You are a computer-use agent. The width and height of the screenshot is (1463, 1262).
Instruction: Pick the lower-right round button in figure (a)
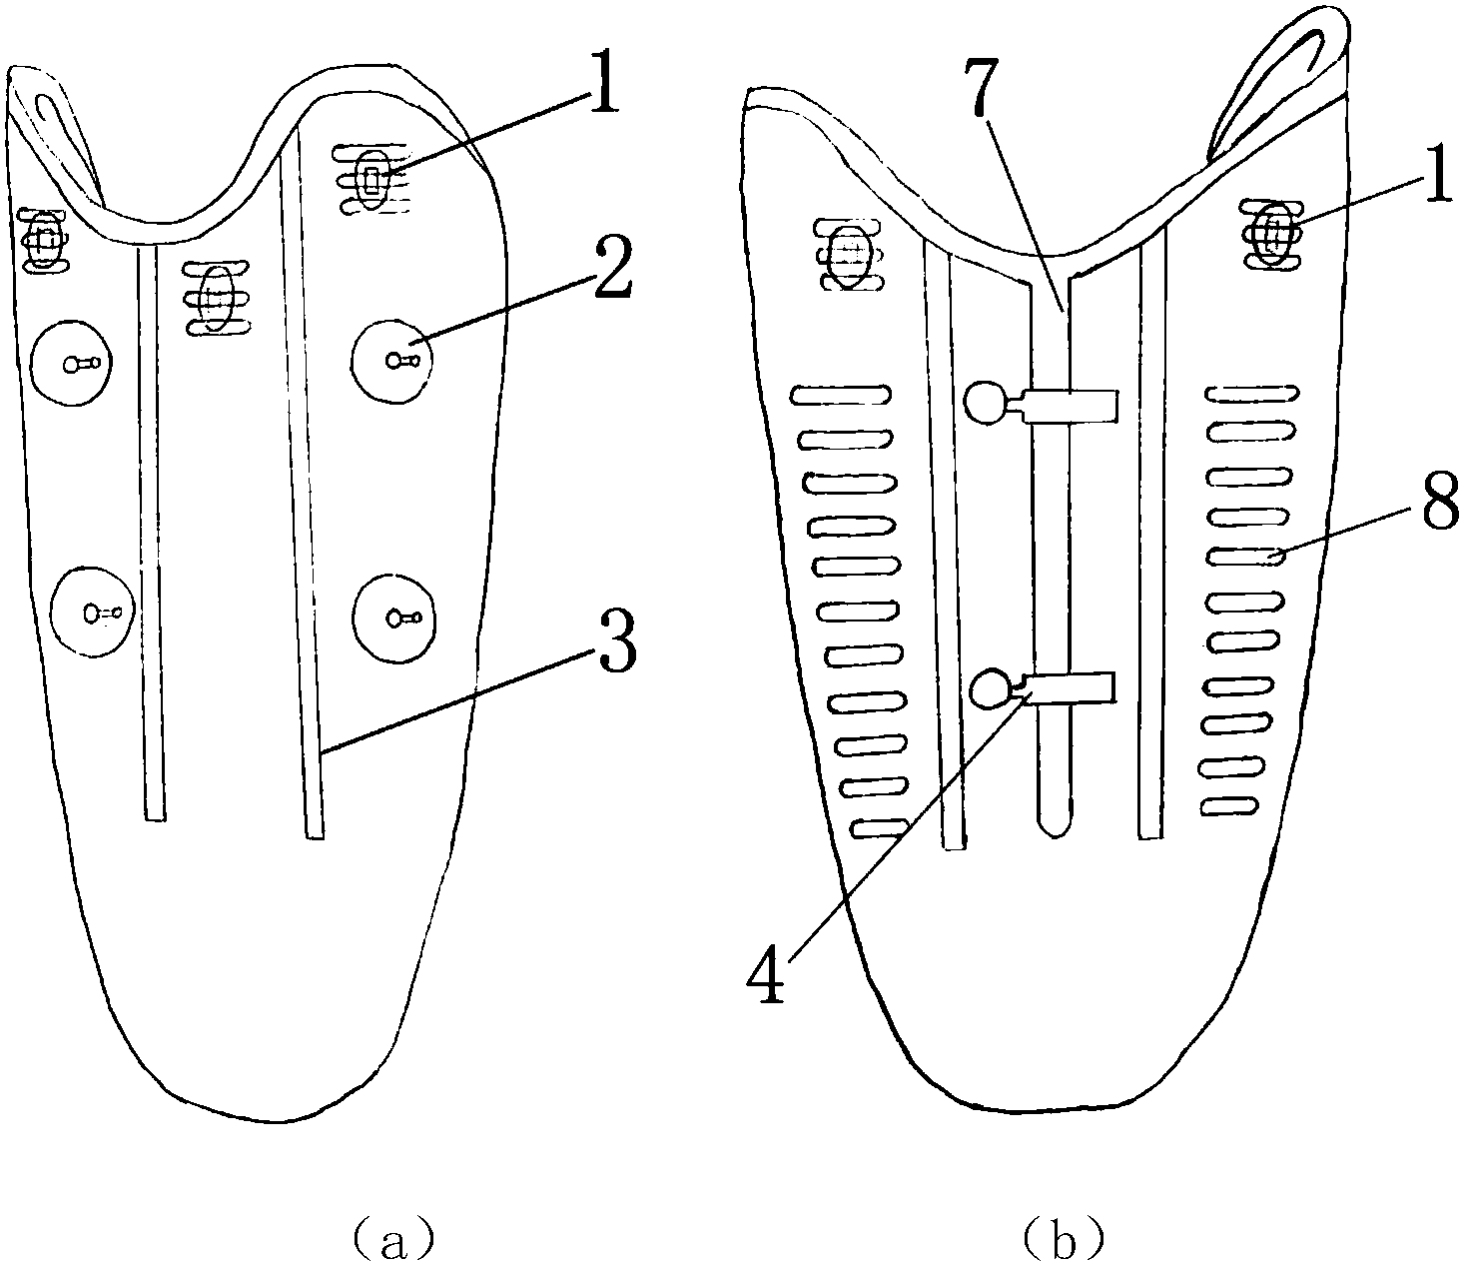tap(396, 618)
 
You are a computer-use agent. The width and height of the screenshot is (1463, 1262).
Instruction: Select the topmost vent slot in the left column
tap(840, 395)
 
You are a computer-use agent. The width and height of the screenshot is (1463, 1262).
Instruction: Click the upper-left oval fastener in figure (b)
tap(851, 255)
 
